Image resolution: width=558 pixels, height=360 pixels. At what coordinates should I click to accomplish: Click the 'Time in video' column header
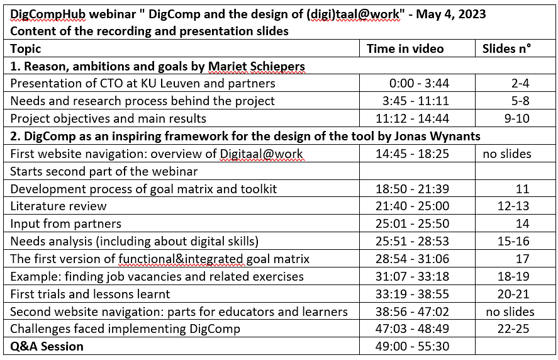coord(405,49)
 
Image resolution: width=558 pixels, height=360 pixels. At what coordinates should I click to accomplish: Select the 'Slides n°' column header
coord(507,49)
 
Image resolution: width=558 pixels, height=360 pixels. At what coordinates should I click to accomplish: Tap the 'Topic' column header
coord(26,49)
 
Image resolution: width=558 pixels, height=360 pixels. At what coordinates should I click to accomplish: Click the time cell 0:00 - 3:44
coord(419,83)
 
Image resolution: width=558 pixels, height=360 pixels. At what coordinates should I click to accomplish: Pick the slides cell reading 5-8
coord(520,101)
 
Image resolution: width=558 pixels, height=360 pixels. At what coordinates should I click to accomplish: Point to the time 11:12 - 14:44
coord(413,118)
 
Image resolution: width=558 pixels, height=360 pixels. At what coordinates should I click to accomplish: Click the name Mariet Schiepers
coord(257,67)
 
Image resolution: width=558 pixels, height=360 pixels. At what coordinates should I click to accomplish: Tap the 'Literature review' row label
coord(59,206)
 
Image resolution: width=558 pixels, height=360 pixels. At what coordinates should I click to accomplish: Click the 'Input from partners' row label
coord(66,224)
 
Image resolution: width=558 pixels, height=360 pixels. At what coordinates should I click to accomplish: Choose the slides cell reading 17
coord(522,259)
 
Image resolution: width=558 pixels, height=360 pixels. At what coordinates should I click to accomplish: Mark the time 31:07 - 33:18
coord(413,276)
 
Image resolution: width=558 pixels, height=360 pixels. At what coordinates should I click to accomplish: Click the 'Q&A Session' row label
coord(47,347)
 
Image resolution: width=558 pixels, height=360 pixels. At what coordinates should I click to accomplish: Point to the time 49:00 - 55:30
coord(413,347)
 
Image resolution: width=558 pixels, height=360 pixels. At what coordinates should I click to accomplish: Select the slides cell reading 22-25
coord(513,329)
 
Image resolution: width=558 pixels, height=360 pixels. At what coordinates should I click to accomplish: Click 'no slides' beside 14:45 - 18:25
coord(507,154)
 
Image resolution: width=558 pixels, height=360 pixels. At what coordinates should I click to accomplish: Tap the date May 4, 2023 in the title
coord(451,14)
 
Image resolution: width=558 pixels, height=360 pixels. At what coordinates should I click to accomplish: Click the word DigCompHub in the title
coord(48,14)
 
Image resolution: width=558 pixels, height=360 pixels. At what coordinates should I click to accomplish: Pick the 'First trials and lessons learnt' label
coord(90,294)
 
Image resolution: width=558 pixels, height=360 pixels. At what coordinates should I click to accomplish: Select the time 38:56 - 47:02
coord(413,312)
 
